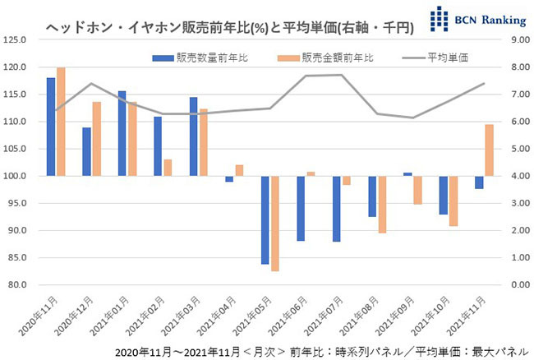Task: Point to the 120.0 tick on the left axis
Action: point(16,67)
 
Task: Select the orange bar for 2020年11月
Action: point(61,122)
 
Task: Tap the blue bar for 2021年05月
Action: point(265,219)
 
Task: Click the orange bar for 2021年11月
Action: point(488,150)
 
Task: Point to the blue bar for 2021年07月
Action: point(336,209)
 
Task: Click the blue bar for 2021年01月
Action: point(122,133)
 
